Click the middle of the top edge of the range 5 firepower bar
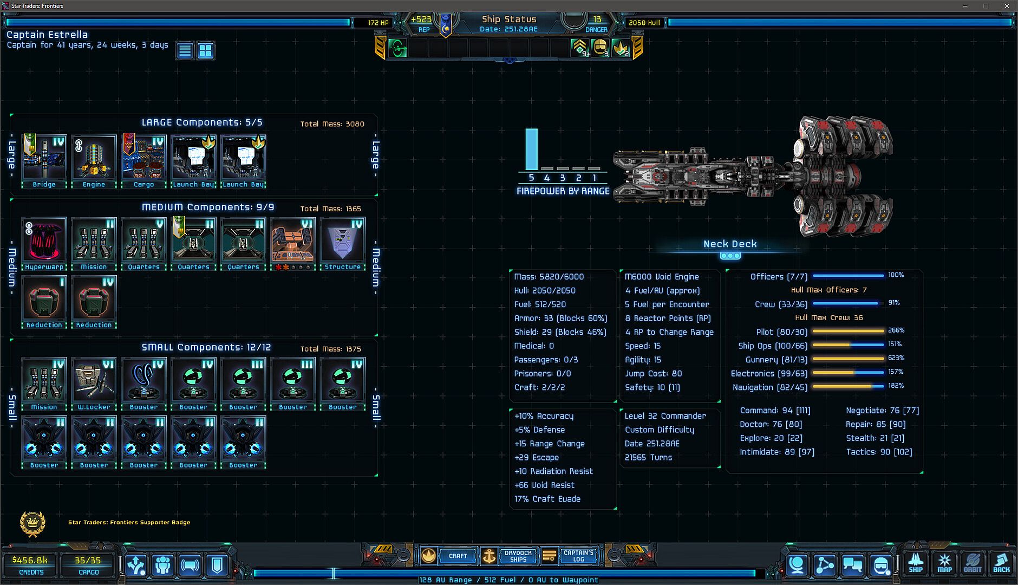[x=531, y=129]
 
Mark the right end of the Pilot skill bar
[x=884, y=331]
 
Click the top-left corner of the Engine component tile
[x=71, y=135]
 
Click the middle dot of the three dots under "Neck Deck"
[x=730, y=256]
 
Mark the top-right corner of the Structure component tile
[x=366, y=217]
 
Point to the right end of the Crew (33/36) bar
[x=878, y=303]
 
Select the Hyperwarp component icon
[x=44, y=240]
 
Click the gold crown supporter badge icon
[x=32, y=523]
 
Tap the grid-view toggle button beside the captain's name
[x=205, y=51]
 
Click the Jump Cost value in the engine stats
[x=677, y=374]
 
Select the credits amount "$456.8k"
[x=30, y=560]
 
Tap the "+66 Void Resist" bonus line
[x=544, y=485]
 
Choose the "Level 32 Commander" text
[x=665, y=416]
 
